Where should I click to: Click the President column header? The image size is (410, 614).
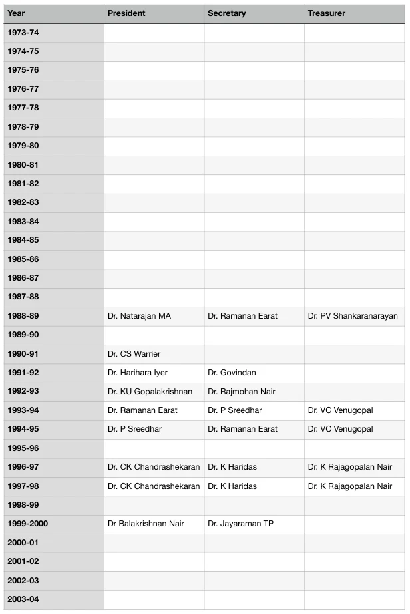coord(126,13)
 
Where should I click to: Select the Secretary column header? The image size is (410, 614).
coord(226,13)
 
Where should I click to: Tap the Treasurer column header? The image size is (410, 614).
coord(326,13)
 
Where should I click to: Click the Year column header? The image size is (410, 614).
coord(16,13)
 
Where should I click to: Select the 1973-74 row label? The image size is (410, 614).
coord(23,33)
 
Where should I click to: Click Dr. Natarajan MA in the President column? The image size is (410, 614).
coord(139,316)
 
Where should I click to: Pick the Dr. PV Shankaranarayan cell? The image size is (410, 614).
coord(353,316)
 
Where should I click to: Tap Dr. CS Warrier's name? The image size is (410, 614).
coord(134,354)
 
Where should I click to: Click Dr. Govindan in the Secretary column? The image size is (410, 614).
coord(232,373)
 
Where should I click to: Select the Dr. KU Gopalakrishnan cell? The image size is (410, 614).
coord(150,392)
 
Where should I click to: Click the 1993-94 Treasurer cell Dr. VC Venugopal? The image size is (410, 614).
coord(340,410)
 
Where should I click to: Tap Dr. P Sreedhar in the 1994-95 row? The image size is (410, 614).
coord(134,429)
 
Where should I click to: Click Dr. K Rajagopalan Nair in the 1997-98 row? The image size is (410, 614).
coord(349,486)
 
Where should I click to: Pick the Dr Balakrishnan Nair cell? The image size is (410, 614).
coord(146,524)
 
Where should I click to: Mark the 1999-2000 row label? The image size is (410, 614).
coord(27,524)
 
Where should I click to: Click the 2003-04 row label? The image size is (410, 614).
coord(23,599)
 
